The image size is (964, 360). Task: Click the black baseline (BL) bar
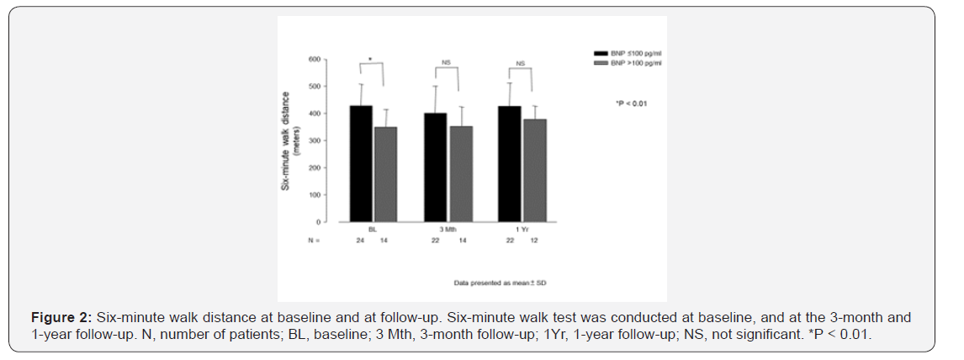360,164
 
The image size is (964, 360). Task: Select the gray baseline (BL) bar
385,175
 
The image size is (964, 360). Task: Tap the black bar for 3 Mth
435,167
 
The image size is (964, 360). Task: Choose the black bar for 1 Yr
510,164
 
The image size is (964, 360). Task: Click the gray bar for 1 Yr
534,171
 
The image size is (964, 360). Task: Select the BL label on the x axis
372,229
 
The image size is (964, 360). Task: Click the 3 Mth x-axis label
448,229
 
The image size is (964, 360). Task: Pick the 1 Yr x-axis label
522,229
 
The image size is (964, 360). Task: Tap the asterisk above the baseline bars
371,61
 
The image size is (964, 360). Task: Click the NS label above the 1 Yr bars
521,63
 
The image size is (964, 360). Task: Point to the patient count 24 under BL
360,241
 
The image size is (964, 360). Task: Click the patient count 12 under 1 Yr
534,241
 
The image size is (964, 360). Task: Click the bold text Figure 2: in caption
62,319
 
